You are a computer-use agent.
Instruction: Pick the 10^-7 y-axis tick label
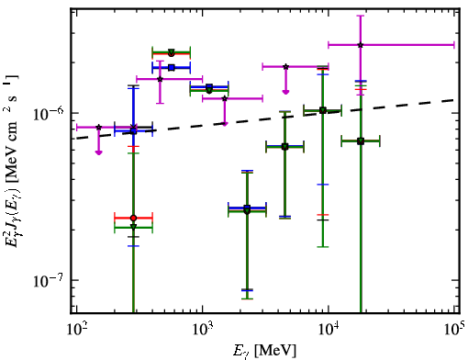coord(49,281)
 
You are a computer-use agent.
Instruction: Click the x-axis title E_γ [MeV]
coord(264,351)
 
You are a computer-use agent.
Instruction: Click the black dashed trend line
coord(265,119)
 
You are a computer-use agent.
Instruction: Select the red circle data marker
coord(133,219)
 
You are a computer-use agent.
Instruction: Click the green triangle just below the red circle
coord(133,227)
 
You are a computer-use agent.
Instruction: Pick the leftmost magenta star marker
coord(98,127)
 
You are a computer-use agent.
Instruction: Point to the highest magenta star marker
coord(361,45)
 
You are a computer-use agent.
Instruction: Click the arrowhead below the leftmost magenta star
coord(98,152)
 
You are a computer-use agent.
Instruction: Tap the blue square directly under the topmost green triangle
coord(172,68)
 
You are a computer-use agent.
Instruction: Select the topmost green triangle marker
coord(172,52)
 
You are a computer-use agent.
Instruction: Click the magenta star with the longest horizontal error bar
coord(361,45)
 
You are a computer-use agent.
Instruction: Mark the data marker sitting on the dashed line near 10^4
coord(322,110)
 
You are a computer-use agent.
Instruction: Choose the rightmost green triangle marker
coord(361,141)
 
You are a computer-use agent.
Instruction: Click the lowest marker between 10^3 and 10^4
coord(247,210)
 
